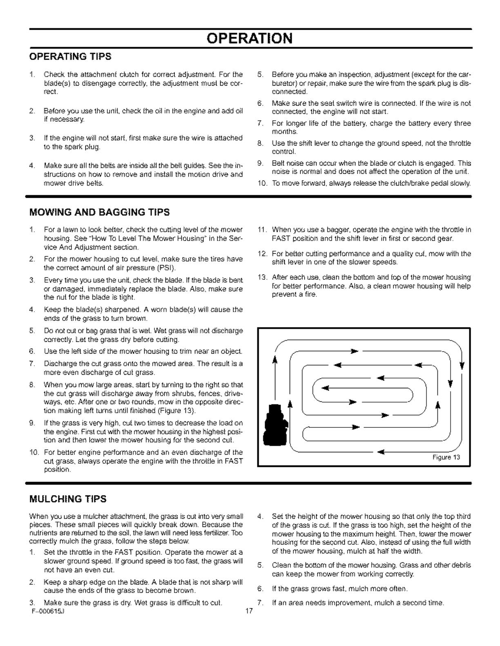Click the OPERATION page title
(x=250, y=38)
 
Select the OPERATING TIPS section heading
(x=70, y=56)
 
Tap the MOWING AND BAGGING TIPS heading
(x=99, y=212)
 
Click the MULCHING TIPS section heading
(x=68, y=499)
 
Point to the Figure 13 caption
(x=446, y=457)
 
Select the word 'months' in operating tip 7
(x=284, y=132)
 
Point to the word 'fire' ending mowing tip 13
(x=310, y=294)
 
